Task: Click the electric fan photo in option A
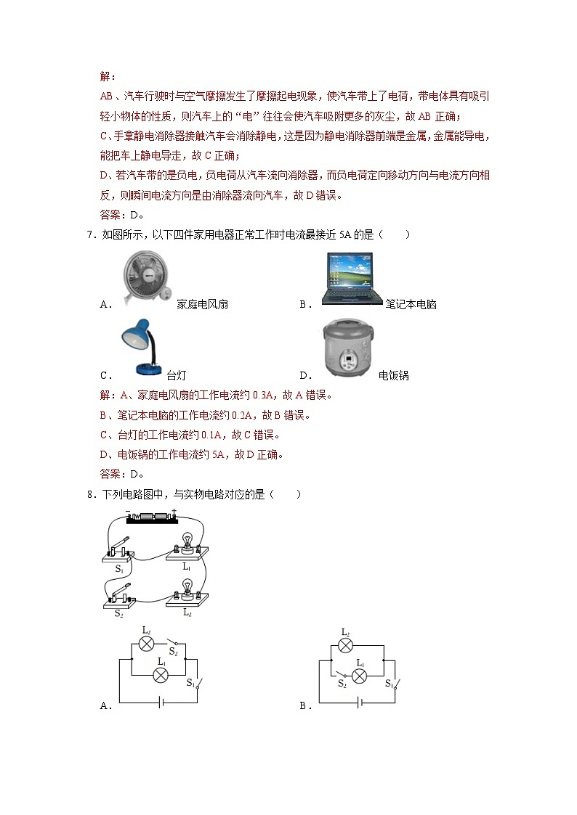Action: click(x=148, y=275)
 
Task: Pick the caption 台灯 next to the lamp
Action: click(x=177, y=376)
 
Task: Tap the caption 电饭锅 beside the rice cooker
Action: click(x=394, y=376)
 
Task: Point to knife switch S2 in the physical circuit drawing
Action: click(x=120, y=594)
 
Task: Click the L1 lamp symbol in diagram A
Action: click(x=161, y=674)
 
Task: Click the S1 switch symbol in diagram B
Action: click(x=394, y=684)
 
